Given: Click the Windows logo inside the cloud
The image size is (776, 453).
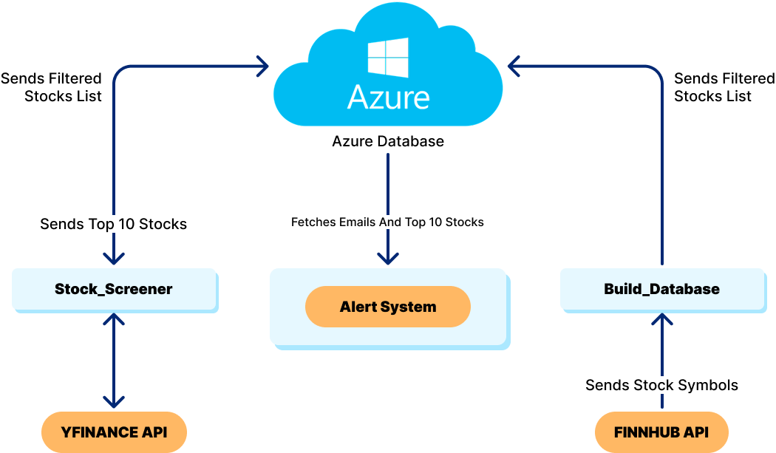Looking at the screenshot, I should tap(389, 58).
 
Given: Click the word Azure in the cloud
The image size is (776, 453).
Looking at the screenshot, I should tap(389, 98).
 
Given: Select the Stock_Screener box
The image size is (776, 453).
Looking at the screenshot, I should tap(114, 289).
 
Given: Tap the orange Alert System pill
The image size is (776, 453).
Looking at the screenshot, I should tap(388, 307).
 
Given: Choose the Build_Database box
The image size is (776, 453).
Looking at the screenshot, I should tap(661, 289).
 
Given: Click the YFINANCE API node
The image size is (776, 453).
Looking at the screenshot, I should tap(114, 432).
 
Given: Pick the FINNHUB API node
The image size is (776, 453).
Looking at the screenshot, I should tap(661, 432).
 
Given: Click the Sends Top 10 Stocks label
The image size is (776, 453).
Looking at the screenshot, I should tap(114, 223).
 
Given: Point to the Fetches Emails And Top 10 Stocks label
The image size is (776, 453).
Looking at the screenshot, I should tap(387, 222).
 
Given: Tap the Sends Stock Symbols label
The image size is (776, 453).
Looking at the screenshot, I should tap(661, 385).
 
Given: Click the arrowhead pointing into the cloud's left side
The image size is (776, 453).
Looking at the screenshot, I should tap(262, 67).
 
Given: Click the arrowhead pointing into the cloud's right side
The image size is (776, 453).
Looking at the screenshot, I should tap(514, 67).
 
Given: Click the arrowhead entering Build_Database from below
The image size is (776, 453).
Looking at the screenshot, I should tap(662, 319).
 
